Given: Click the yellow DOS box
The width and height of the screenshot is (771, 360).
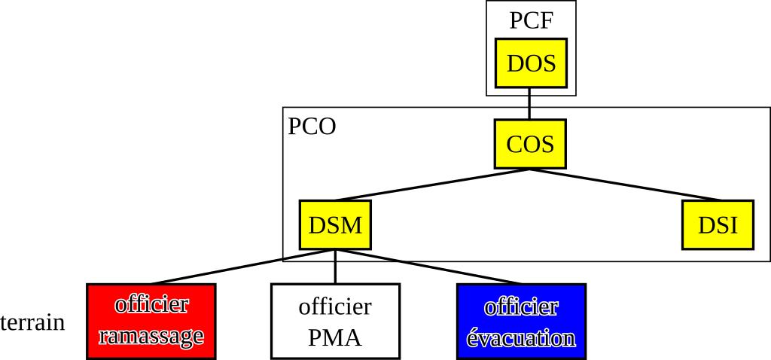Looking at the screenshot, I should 531,63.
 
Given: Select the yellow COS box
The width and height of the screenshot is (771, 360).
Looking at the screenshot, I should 529,144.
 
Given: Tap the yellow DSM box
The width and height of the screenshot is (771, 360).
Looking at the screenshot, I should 335,224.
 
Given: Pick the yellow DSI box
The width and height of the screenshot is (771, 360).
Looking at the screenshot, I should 717,224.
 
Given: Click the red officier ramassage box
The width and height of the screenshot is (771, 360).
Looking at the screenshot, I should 151,322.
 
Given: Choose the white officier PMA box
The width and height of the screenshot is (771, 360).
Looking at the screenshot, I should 335,322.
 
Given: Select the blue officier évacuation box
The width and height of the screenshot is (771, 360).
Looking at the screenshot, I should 521,322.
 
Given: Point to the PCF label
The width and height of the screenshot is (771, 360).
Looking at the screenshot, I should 531,20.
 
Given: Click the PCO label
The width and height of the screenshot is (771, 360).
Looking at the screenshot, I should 312,127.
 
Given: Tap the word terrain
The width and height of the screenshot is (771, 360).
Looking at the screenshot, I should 32,323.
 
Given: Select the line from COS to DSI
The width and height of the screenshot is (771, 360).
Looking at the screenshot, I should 610,185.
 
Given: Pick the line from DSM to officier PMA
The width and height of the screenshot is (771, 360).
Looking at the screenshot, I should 335,267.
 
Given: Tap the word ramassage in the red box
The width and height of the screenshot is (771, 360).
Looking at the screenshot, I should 151,336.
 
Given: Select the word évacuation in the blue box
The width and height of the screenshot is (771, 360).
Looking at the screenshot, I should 521,337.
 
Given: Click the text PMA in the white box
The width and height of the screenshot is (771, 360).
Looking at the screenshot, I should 335,337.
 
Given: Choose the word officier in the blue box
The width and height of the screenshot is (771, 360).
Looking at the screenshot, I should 521,307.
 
